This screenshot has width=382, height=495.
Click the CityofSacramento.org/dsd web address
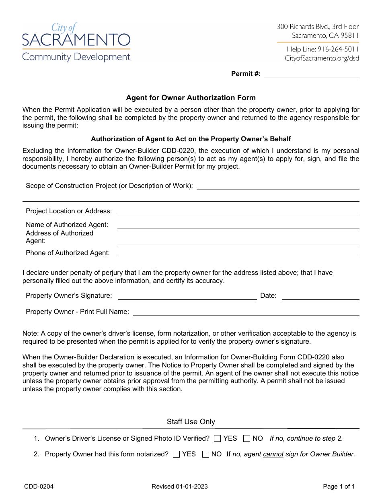tap(322, 58)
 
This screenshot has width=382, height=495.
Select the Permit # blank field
tap(311, 74)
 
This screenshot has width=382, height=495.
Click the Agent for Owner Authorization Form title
tap(191, 98)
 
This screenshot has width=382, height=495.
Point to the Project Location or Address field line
tap(238, 211)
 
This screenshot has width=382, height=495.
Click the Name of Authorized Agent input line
tap(238, 225)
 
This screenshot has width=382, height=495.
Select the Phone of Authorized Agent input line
tap(238, 253)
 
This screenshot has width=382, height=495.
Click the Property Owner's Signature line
tap(187, 296)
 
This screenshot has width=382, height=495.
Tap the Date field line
tap(320, 296)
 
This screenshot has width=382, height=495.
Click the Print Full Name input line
tap(246, 312)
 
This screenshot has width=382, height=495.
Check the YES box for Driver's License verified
tap(218, 438)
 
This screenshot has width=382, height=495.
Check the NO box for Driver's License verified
tap(247, 438)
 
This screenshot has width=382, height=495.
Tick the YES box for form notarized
tap(176, 454)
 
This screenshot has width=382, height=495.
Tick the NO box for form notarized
tap(205, 454)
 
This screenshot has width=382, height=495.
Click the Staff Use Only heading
tap(191, 422)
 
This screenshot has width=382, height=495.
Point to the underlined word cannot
tap(273, 454)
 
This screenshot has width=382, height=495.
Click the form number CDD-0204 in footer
tap(39, 487)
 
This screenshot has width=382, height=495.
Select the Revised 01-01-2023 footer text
tap(179, 487)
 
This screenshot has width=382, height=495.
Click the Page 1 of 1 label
tap(339, 487)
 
